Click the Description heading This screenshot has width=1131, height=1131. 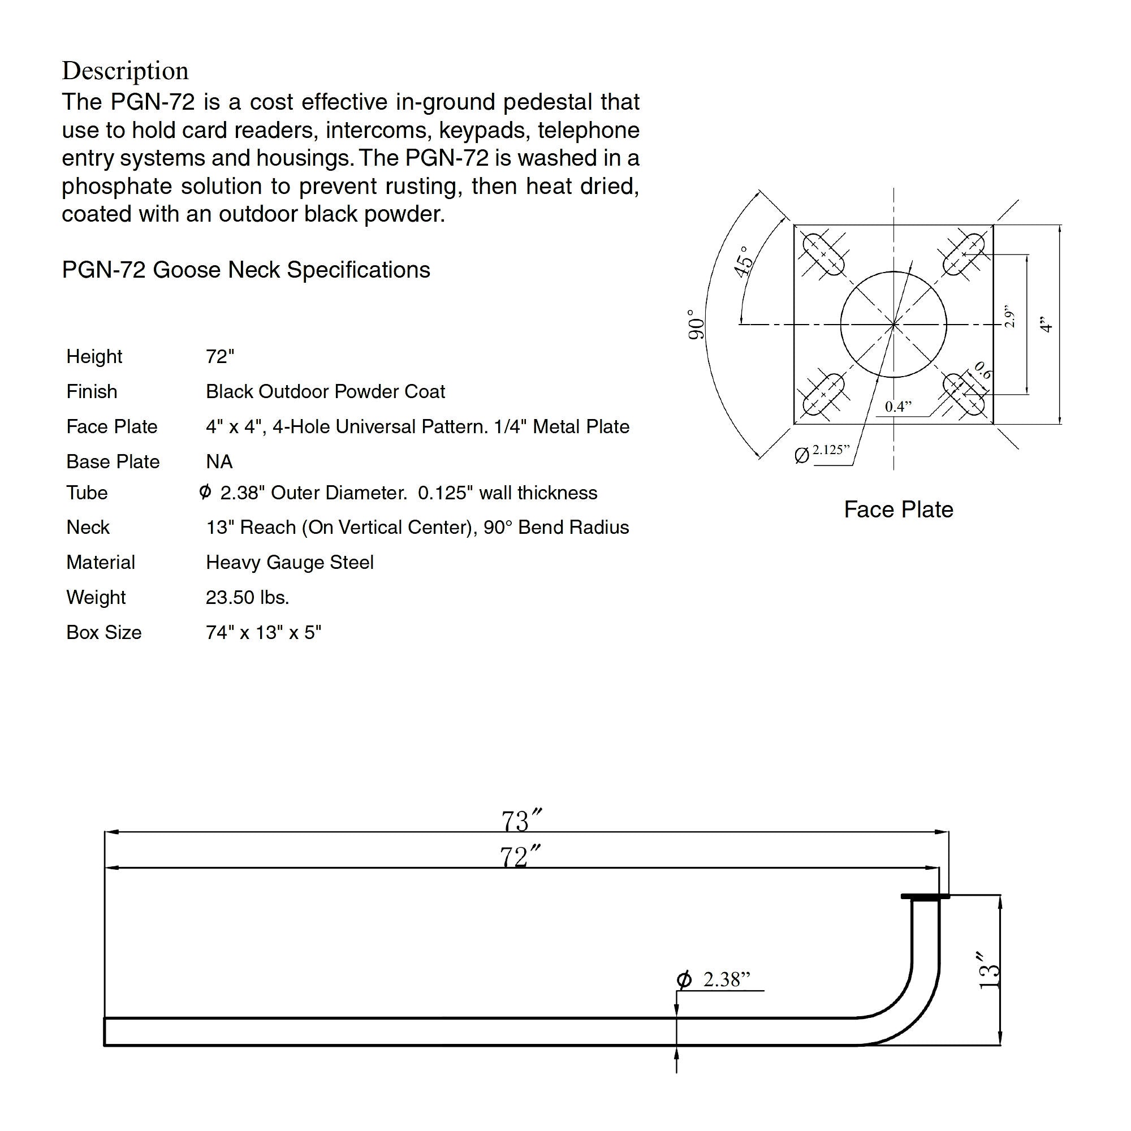coord(126,71)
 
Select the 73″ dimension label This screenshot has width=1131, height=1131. coord(521,821)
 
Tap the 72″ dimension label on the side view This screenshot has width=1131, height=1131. coord(520,857)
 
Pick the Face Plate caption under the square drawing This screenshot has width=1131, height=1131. coord(898,510)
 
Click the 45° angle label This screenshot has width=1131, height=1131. coord(744,261)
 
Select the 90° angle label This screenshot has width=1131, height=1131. coord(696,325)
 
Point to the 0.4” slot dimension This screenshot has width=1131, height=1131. coord(898,406)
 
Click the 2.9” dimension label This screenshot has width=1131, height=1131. coord(1009,316)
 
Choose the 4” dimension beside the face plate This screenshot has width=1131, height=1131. coord(1046,324)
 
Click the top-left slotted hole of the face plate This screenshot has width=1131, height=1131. coord(823,254)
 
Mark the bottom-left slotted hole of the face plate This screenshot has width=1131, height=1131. coord(823,395)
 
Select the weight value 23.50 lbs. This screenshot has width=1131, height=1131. coord(247,597)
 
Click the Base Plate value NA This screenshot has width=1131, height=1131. coord(219,462)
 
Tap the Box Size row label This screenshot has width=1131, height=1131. coord(103,632)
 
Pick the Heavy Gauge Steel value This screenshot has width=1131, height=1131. coord(289,562)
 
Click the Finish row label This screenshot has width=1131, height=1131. coord(91,391)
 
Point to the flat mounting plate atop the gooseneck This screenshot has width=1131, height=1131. coord(925,896)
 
